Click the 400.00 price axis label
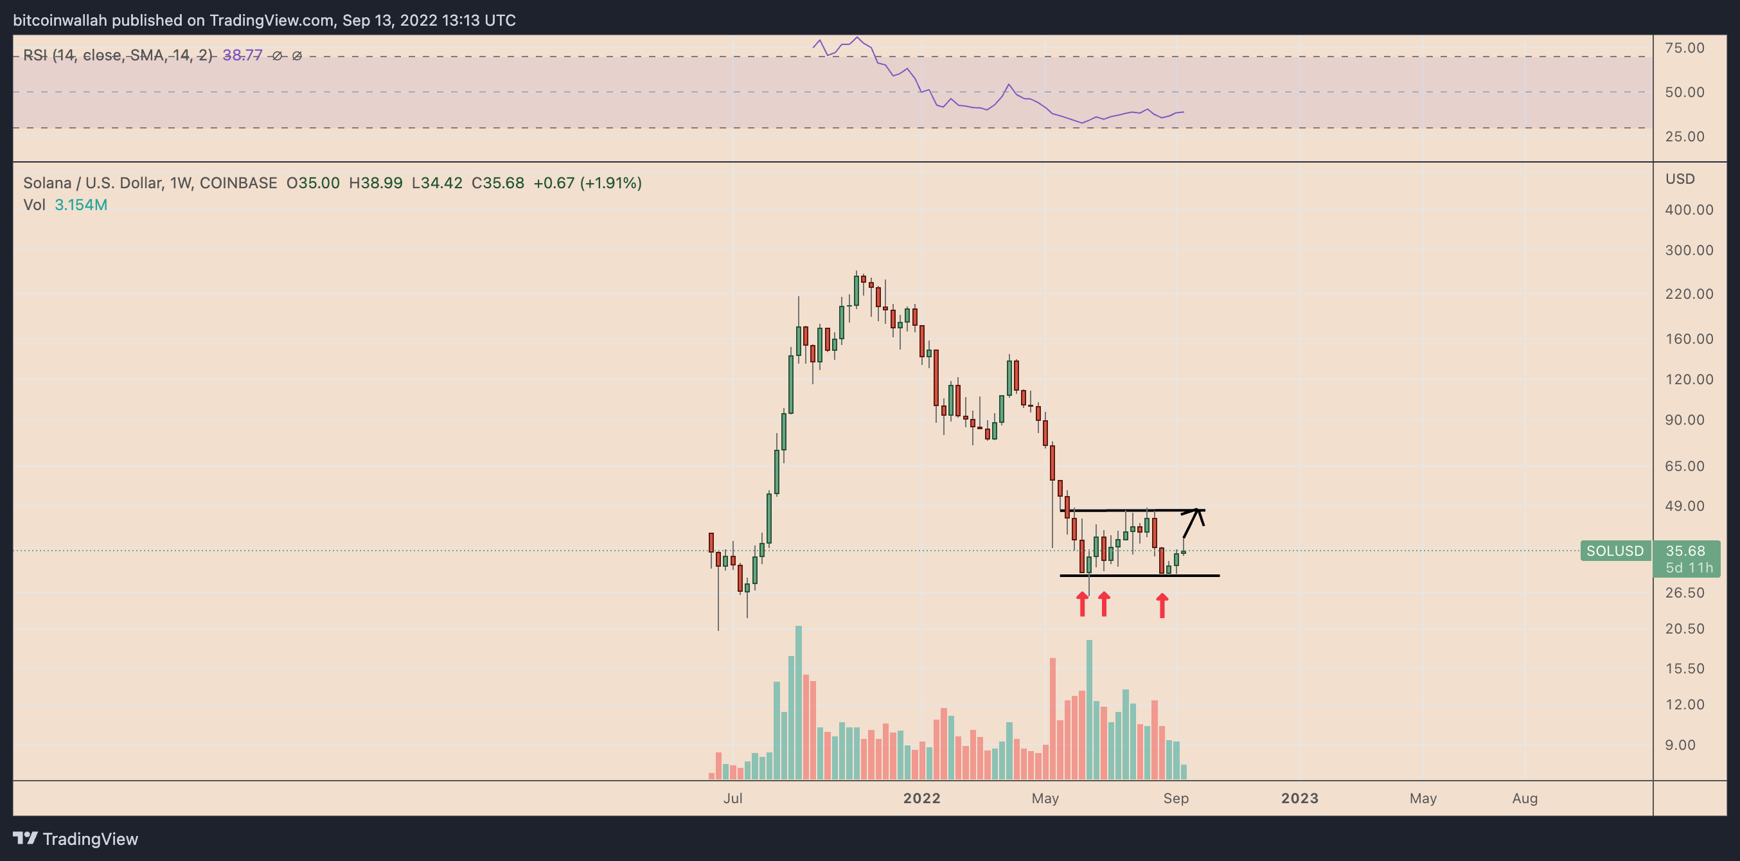1689,210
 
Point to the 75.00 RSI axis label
1685,48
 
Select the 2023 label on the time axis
1300,798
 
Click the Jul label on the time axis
733,798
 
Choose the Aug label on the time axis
1525,798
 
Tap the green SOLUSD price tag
1614,551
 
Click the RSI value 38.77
242,55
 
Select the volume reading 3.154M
80,204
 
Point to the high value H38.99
375,183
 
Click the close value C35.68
498,183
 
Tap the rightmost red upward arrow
1162,606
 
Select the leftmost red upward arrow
1082,605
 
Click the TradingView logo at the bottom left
76,839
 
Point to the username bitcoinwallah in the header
60,21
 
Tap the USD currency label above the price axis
1680,179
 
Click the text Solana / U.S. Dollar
93,183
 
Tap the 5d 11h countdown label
1689,568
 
